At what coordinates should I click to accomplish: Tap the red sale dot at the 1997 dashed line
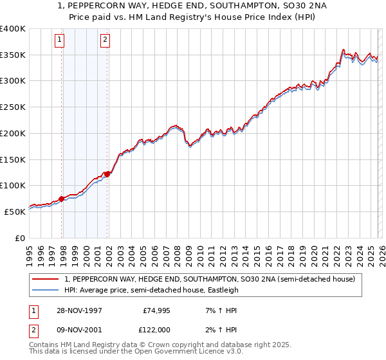coord(62,199)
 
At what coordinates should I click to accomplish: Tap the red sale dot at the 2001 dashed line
coord(107,174)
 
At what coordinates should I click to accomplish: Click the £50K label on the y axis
coord(15,211)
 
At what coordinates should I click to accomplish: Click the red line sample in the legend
coord(45,279)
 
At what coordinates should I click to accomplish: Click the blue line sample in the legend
coord(45,290)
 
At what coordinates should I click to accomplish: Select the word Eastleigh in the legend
coord(221,290)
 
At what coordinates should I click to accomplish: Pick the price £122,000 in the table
coord(156,330)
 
